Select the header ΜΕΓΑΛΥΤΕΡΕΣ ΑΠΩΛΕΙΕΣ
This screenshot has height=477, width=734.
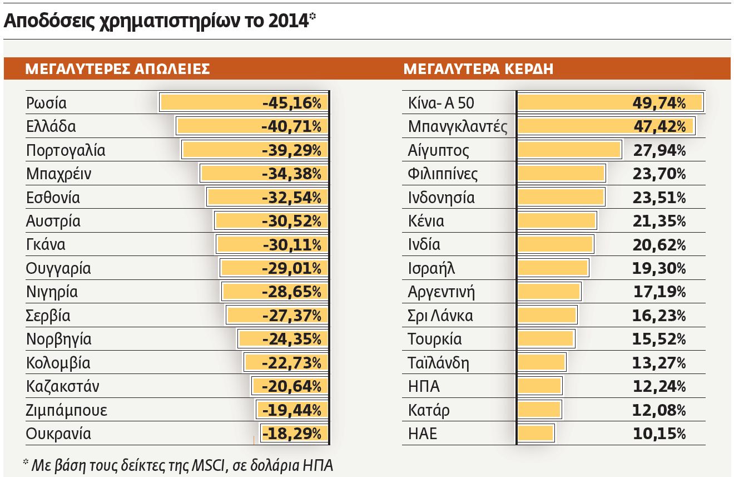click(x=117, y=69)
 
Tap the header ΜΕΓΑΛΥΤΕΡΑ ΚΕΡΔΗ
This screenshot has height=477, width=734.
click(x=478, y=69)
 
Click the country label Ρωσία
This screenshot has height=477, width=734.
click(x=46, y=103)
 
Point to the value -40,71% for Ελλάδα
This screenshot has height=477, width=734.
click(x=291, y=126)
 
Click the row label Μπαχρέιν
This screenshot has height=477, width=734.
click(x=58, y=174)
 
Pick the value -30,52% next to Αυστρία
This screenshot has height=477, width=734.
click(x=291, y=221)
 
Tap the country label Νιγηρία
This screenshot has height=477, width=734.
click(x=52, y=292)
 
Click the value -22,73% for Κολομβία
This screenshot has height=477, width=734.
click(x=291, y=363)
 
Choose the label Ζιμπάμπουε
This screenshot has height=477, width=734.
click(x=66, y=410)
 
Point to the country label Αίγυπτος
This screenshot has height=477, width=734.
click(x=438, y=150)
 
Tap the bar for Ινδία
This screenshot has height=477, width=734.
click(x=556, y=244)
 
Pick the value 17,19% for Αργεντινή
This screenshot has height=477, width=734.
click(x=659, y=292)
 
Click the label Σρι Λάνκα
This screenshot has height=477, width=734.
click(x=440, y=316)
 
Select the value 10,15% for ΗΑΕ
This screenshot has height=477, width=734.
click(x=659, y=434)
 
